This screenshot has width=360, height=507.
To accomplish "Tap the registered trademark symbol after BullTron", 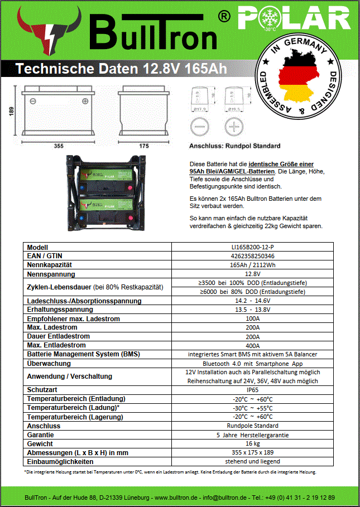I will tap(223, 17).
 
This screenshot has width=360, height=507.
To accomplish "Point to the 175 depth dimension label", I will tap(143, 146).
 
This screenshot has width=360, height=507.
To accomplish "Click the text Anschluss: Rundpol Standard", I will tap(234, 146).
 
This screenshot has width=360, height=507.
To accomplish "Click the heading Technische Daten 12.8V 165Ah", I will tap(121, 69).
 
